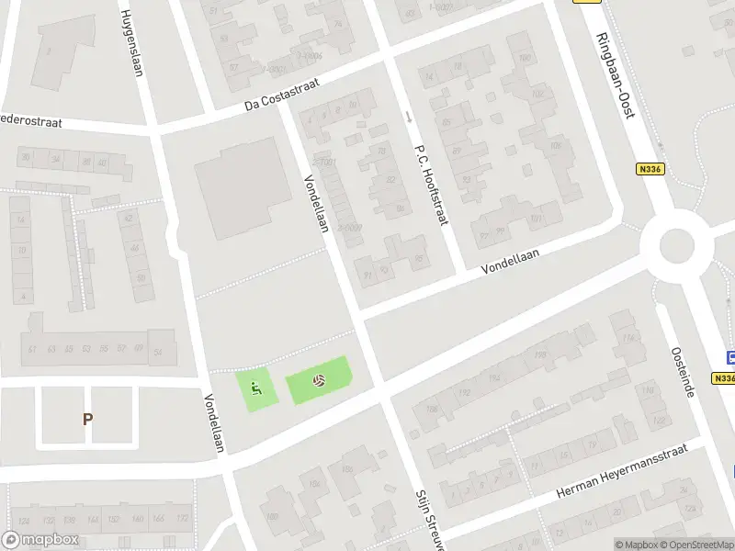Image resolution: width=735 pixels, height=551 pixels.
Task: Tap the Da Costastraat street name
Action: tap(288, 95)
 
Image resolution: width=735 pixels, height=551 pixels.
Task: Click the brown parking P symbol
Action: tap(88, 419)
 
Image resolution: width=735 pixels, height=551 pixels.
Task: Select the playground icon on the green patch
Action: tap(255, 388)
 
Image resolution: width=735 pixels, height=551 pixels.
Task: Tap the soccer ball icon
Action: tap(319, 379)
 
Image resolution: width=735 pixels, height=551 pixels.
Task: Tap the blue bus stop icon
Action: tap(730, 358)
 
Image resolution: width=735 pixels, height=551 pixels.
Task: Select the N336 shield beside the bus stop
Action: tap(724, 377)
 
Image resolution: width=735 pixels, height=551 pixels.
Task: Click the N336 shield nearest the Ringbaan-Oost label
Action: tap(649, 169)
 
